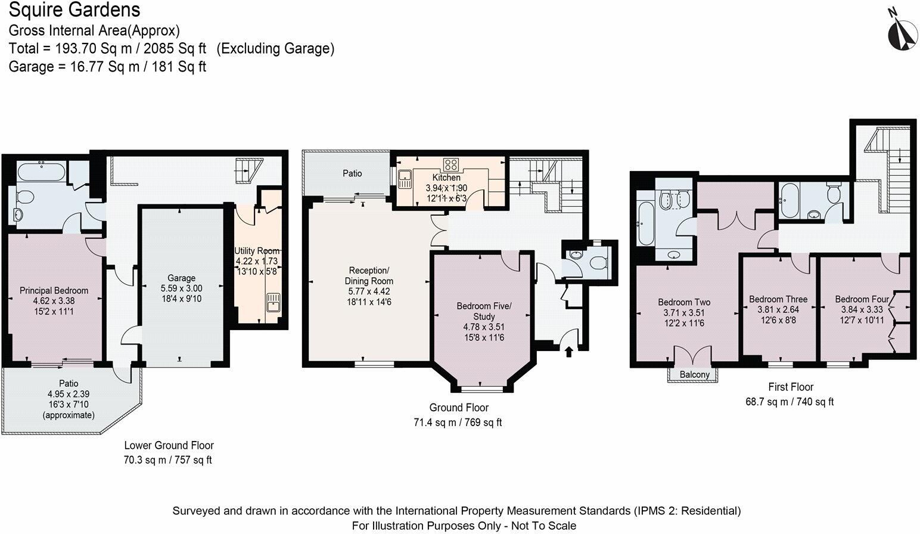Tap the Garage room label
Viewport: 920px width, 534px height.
coord(181,278)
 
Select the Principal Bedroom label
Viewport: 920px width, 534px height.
coord(54,290)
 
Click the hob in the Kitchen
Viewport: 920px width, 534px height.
coord(451,164)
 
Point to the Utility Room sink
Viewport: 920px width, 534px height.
coord(273,302)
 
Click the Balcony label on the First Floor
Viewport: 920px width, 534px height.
coord(695,375)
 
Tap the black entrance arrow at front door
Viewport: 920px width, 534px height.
coord(569,352)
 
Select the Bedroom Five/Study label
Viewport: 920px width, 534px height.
coord(484,311)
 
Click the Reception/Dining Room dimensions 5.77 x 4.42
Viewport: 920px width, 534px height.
coord(369,291)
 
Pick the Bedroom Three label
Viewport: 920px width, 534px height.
coord(778,299)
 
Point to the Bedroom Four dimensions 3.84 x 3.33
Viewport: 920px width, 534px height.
coord(862,310)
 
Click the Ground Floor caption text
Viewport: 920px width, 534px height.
coord(459,408)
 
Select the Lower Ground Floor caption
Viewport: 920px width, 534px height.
coord(169,445)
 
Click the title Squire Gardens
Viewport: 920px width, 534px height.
coord(74,10)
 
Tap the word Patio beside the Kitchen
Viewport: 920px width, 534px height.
coord(352,173)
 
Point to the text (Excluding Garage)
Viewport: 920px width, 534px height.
coord(275,48)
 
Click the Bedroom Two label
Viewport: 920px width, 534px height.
coord(684,302)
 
